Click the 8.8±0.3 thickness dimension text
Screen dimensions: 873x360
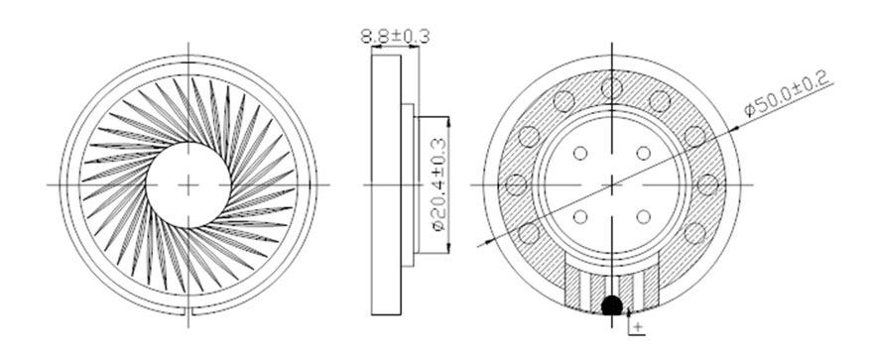[395, 37]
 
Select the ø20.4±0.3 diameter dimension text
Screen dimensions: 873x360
[439, 184]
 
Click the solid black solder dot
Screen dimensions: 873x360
[612, 305]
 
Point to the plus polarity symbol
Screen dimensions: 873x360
[638, 325]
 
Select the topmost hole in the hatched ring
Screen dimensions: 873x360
[612, 88]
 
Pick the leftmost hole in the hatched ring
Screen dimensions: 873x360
[516, 184]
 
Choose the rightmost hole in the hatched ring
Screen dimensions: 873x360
[707, 184]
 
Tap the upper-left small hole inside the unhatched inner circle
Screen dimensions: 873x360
[580, 153]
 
